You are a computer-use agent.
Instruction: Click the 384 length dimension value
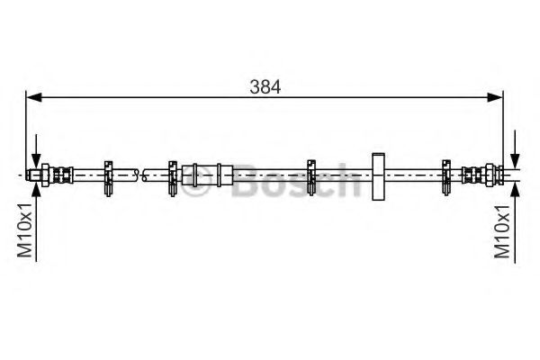tap(266, 86)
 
